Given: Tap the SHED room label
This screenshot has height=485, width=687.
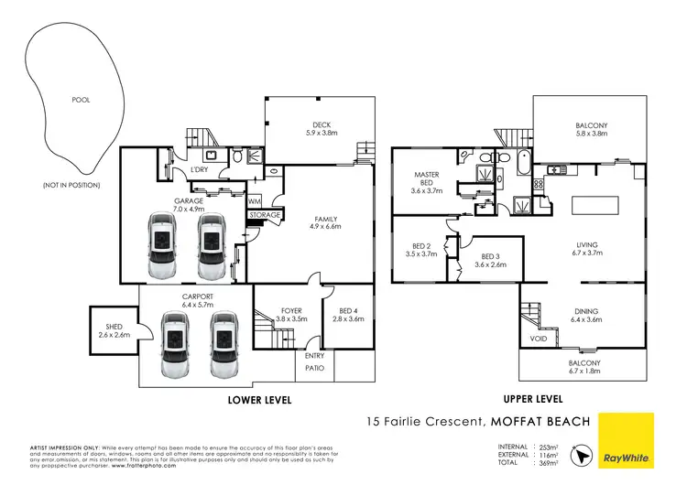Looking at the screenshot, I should pos(108,331).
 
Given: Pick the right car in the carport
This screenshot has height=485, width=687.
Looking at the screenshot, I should pos(224,344).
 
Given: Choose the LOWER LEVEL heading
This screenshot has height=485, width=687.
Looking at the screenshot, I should pos(259,400).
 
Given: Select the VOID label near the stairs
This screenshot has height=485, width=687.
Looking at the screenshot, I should pos(538,339).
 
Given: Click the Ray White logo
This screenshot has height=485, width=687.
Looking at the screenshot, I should pos(626,440).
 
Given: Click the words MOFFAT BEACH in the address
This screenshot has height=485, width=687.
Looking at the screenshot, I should pos(540,422).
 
